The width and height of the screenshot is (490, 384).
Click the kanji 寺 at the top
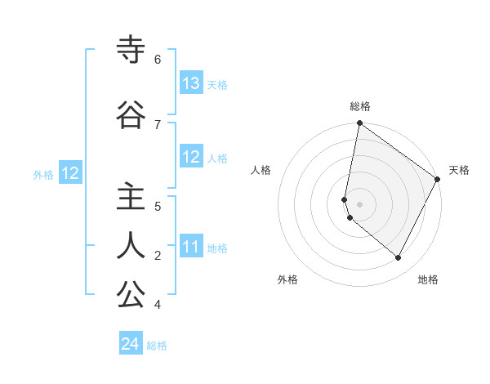(131, 51)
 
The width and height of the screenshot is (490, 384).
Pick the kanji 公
(131, 295)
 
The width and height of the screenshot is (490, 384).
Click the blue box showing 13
(191, 83)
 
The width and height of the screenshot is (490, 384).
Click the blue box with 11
(191, 248)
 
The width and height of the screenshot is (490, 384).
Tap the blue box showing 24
(131, 345)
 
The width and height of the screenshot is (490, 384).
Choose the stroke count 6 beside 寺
(158, 59)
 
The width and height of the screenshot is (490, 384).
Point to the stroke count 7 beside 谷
(158, 123)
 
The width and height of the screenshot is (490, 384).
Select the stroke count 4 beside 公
(158, 304)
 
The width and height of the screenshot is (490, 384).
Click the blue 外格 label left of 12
(43, 174)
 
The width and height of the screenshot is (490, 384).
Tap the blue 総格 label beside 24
(157, 346)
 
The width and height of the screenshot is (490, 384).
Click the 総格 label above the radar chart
(359, 106)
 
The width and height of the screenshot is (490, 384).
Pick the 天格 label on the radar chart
(459, 171)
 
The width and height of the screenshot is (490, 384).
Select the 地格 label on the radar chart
(427, 279)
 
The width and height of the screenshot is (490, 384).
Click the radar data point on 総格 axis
(359, 123)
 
